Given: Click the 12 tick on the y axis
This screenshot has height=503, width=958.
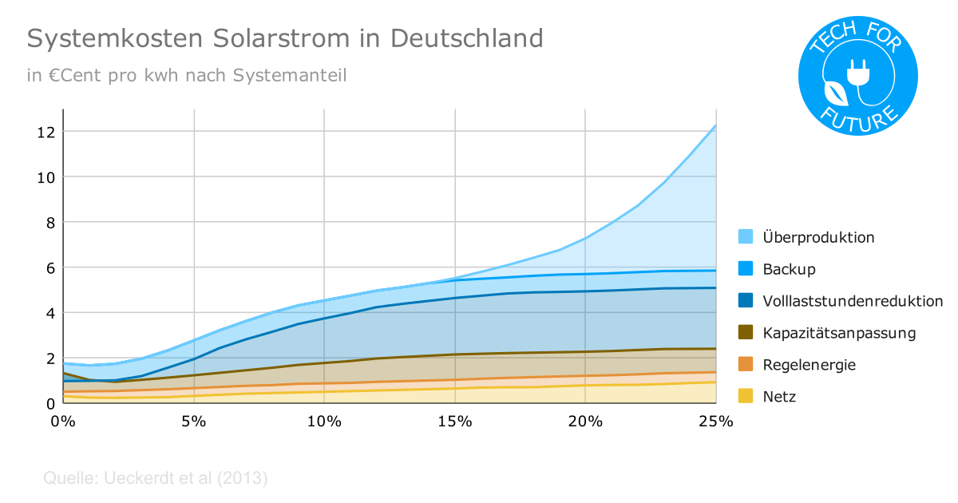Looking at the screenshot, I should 45,132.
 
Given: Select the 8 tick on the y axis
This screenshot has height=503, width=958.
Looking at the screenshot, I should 49,222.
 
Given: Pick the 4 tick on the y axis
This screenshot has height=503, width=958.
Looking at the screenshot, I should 49,313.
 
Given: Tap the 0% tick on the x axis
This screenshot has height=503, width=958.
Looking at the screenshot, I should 62,422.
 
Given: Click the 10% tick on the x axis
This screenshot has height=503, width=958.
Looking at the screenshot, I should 323,422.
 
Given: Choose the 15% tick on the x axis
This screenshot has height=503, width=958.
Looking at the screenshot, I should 454,422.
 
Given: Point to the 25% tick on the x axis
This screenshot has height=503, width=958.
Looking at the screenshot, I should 715,422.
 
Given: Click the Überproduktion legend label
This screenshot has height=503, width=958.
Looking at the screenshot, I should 818,237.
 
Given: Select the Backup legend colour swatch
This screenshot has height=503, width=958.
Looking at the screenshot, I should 746,269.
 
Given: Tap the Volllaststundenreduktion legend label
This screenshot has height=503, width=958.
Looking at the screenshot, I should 853,301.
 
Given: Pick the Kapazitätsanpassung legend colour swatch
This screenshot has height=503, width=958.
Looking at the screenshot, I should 746,333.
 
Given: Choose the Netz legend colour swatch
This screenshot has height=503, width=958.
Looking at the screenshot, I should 746,397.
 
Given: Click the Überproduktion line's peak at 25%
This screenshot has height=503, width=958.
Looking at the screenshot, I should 715,125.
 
